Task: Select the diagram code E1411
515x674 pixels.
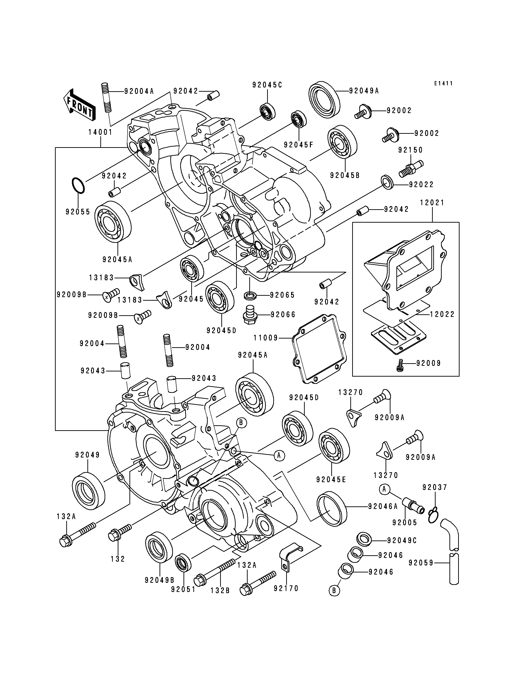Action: [443, 83]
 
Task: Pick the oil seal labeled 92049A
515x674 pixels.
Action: [324, 99]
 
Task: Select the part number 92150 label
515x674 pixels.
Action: [410, 150]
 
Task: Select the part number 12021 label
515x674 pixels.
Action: [432, 203]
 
